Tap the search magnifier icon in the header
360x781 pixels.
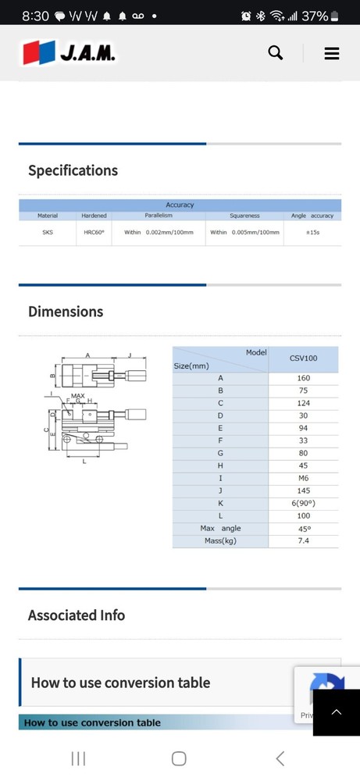(275, 52)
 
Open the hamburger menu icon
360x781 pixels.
(331, 53)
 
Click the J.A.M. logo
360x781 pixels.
(70, 52)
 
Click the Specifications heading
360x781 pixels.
(73, 170)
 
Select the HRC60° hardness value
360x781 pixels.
(94, 232)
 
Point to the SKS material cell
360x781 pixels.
(48, 232)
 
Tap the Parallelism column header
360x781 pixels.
(158, 216)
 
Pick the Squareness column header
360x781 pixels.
(244, 216)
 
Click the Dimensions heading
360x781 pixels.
(66, 312)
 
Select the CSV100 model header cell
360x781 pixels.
(303, 359)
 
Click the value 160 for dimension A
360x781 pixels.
(303, 378)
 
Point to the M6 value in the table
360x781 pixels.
(303, 478)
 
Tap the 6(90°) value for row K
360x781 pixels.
(303, 503)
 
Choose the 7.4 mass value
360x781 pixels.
(303, 540)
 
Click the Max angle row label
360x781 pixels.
(220, 529)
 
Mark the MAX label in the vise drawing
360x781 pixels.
(78, 396)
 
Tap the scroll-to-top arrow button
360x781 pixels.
(337, 712)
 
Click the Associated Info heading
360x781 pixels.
(76, 615)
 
